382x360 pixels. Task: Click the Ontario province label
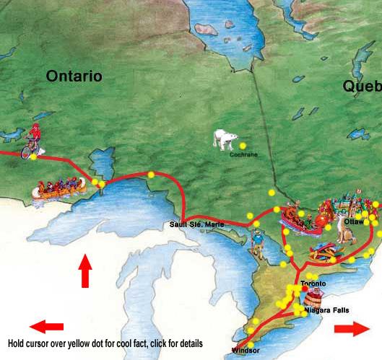74,76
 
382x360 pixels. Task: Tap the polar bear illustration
225,139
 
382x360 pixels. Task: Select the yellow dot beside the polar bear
243,145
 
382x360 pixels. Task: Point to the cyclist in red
32,143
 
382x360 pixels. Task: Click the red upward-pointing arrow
85,272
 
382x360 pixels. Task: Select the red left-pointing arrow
46,327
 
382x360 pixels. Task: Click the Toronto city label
313,284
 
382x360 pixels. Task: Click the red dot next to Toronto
304,289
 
